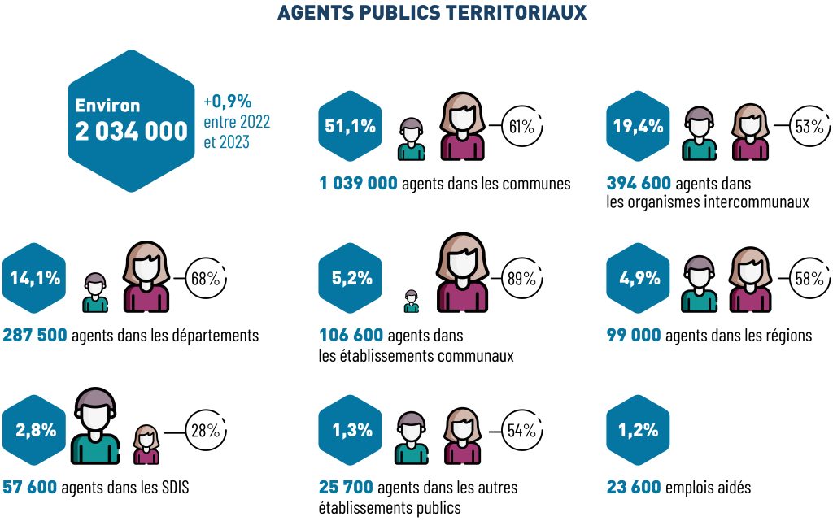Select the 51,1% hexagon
click(350, 126)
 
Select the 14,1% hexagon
click(35, 278)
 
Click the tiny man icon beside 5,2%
click(411, 302)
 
